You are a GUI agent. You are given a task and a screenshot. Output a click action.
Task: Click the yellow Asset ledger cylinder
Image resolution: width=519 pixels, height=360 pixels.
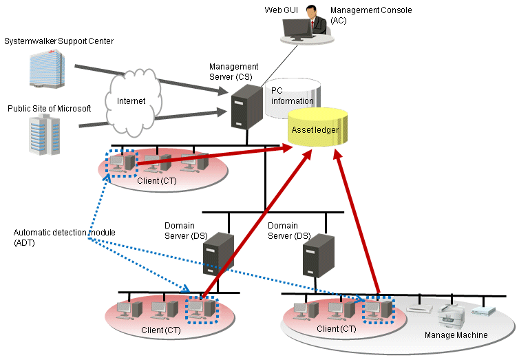point(317,127)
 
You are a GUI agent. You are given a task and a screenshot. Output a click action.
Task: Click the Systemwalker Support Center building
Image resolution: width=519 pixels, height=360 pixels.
point(47,69)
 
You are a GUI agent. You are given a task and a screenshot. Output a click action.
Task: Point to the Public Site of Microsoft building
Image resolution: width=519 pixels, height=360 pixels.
point(44,134)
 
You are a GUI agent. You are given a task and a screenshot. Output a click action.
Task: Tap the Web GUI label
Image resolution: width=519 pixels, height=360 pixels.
point(281,10)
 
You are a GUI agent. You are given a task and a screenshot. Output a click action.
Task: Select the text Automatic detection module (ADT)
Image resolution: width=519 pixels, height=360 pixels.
point(64,237)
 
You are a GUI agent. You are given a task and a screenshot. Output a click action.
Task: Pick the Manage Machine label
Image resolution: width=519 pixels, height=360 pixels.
point(456,335)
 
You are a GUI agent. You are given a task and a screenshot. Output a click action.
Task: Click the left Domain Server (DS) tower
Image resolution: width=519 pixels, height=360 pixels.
point(218,254)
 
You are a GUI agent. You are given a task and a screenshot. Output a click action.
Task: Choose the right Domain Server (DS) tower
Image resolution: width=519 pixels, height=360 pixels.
point(319,256)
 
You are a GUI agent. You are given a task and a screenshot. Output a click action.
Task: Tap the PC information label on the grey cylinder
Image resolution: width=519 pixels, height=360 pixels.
point(292,96)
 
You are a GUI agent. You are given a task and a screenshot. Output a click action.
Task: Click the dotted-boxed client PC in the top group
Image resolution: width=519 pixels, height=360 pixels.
point(122,163)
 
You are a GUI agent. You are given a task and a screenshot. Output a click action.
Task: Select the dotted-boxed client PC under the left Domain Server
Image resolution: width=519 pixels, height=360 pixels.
point(202,310)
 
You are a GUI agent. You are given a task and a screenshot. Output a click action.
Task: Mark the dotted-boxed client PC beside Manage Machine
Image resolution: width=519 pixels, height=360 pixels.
point(378,310)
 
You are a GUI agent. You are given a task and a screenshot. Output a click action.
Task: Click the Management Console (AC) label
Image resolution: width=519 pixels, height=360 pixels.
point(371,15)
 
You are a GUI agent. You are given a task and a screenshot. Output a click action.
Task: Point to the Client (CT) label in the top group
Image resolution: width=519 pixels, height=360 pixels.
point(157,180)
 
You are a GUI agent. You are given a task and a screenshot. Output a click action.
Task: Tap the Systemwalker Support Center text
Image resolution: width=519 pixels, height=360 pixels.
point(59,41)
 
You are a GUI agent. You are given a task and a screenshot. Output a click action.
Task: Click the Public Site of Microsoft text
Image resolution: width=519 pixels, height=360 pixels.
point(50,109)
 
